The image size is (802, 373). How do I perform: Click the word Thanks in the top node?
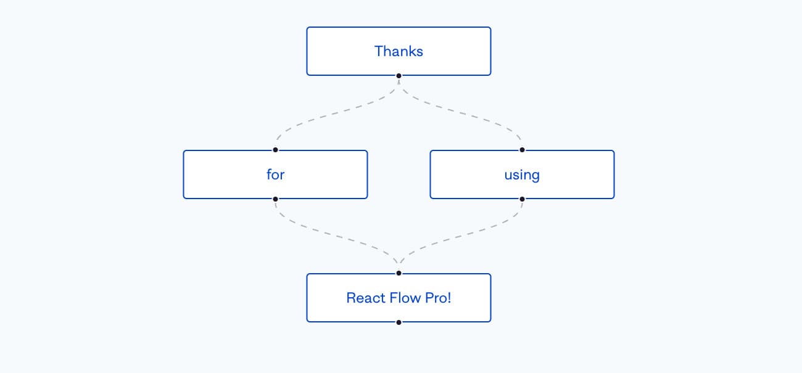[399, 51]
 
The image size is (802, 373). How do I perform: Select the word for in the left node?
[275, 174]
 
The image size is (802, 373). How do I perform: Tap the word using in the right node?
[522, 174]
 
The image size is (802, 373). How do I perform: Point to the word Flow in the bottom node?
[406, 298]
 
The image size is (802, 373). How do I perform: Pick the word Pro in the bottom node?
[436, 298]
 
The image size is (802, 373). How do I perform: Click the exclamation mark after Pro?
[449, 298]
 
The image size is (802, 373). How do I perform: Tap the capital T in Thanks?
[378, 51]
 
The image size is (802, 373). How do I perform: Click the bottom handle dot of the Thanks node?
[399, 76]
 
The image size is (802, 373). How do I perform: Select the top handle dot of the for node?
[275, 150]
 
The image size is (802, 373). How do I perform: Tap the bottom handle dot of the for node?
[275, 199]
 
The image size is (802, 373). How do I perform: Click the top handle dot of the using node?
[522, 150]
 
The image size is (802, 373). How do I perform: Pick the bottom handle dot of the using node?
[522, 199]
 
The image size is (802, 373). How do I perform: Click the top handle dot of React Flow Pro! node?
[399, 273]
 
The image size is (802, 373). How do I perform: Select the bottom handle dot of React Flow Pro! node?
[399, 322]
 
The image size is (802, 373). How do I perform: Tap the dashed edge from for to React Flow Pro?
[337, 236]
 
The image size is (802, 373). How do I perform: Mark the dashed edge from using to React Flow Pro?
[460, 236]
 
